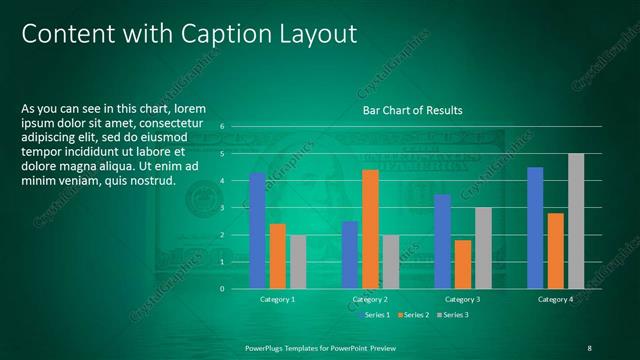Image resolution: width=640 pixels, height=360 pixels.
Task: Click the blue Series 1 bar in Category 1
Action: [x=258, y=231]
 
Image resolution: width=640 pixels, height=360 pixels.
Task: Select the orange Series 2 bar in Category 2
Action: [x=370, y=229]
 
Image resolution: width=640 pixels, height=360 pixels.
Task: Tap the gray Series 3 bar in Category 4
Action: [x=575, y=221]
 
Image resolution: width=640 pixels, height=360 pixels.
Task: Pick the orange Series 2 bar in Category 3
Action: [x=463, y=264]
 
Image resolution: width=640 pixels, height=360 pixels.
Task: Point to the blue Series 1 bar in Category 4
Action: [x=535, y=228]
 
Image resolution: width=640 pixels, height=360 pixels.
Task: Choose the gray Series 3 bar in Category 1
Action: [x=298, y=262]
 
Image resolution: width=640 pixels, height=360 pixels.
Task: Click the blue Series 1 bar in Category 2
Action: [x=350, y=255]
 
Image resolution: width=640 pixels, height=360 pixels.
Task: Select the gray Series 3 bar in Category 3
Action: [x=483, y=248]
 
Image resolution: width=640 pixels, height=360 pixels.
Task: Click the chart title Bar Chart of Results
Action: [x=412, y=110]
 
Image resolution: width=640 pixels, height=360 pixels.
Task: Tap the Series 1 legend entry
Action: [x=374, y=315]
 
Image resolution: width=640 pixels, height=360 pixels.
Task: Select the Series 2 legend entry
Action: [x=412, y=315]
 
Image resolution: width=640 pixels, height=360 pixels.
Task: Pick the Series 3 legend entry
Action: [x=451, y=315]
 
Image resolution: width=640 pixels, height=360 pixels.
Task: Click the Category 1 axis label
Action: [x=277, y=299]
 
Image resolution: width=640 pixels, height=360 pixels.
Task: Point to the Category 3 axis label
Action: [x=462, y=299]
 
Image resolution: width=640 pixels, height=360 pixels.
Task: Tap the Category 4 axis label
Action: [x=555, y=299]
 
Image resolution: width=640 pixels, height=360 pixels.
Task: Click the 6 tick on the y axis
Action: [x=236, y=127]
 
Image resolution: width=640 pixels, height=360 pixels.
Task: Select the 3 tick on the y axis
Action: [x=236, y=208]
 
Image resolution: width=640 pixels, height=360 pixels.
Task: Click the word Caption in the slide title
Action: [x=221, y=34]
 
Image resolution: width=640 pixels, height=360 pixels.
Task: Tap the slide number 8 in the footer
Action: [x=589, y=347]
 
